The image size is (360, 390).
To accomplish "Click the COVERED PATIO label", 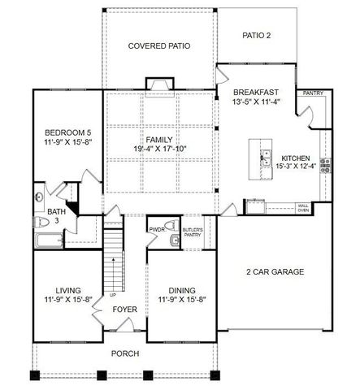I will coord(159,46).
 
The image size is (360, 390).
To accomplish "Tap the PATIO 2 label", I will coord(257,35).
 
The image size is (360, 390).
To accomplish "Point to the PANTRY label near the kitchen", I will coord(313,93).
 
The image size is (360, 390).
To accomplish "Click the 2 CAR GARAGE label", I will coord(275,271).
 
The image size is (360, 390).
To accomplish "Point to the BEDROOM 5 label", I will coord(62,132).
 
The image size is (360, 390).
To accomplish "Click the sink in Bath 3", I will coord(40,195).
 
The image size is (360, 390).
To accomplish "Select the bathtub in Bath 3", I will coord(49,240).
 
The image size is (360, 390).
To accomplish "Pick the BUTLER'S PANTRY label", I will coord(193,232).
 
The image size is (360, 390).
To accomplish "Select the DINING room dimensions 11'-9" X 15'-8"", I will coord(181,300).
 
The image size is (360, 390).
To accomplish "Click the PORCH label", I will coord(126,353).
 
